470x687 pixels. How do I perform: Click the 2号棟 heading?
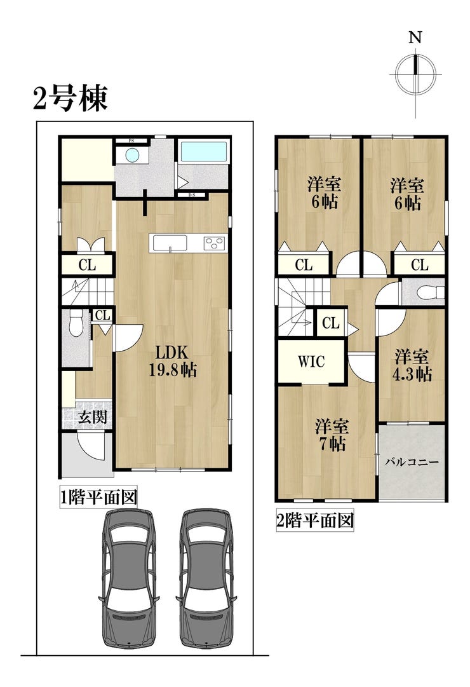pos(70,99)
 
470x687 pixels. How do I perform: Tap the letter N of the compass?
pos(415,37)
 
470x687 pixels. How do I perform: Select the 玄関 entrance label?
pos(93,416)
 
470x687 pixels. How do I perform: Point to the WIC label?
pos(311,362)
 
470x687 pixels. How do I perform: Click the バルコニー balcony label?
pos(412,462)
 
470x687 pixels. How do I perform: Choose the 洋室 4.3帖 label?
pos(412,365)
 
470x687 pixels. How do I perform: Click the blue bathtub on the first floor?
pos(204,152)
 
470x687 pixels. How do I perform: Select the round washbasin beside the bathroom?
pos(132,154)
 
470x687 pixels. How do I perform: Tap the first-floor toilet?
pos(76,322)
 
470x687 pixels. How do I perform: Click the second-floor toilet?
pos(430,292)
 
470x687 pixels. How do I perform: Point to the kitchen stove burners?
pos(215,243)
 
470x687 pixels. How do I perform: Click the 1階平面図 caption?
pos(98,497)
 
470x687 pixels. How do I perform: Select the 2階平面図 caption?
pos(315,521)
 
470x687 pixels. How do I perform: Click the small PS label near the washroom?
pos(131,140)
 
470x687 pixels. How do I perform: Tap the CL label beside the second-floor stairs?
pos(331,323)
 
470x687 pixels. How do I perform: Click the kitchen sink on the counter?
pos(169,243)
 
